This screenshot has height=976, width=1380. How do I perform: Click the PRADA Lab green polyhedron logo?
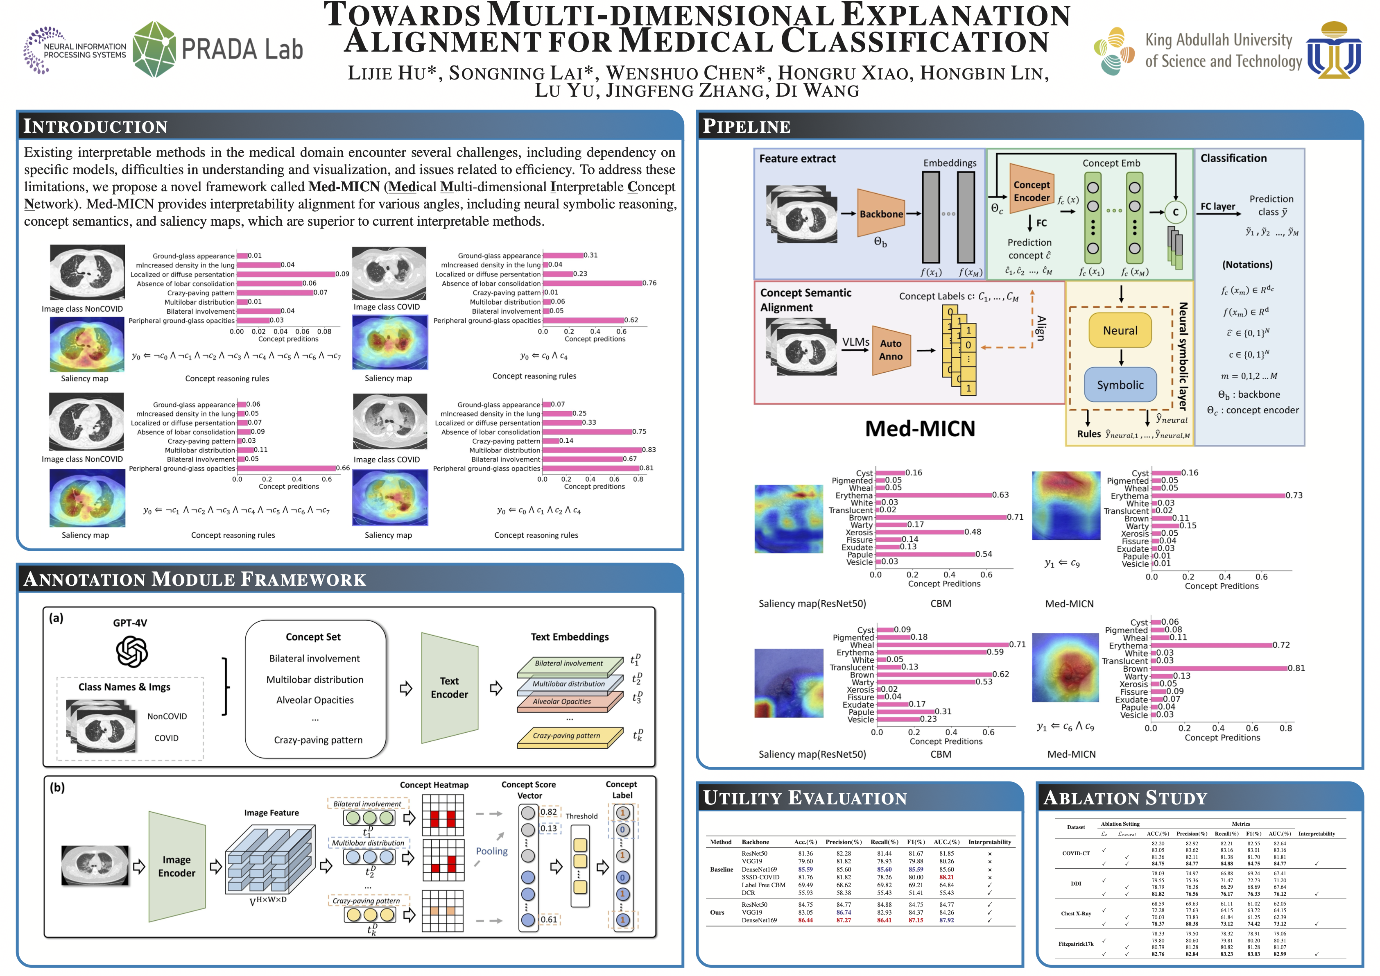(154, 49)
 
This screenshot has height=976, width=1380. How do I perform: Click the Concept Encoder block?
(1032, 191)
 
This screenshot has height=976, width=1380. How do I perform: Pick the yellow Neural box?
(1120, 331)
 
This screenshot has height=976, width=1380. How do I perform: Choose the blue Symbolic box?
(1120, 385)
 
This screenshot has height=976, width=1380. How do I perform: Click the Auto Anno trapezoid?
(891, 350)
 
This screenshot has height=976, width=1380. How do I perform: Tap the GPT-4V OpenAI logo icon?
(131, 652)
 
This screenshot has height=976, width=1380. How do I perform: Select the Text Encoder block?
(449, 688)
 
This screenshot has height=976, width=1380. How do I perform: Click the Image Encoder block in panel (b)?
(177, 866)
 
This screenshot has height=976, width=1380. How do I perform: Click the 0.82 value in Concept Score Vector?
(548, 812)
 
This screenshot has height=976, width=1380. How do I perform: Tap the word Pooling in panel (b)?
(492, 851)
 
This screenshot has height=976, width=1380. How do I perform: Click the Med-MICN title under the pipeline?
(920, 428)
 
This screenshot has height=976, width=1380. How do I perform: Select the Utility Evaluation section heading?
(805, 798)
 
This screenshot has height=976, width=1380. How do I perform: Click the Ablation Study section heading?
(1125, 798)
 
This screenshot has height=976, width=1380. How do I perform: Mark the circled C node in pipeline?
(1175, 212)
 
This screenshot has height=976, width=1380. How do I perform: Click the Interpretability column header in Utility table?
(989, 842)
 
